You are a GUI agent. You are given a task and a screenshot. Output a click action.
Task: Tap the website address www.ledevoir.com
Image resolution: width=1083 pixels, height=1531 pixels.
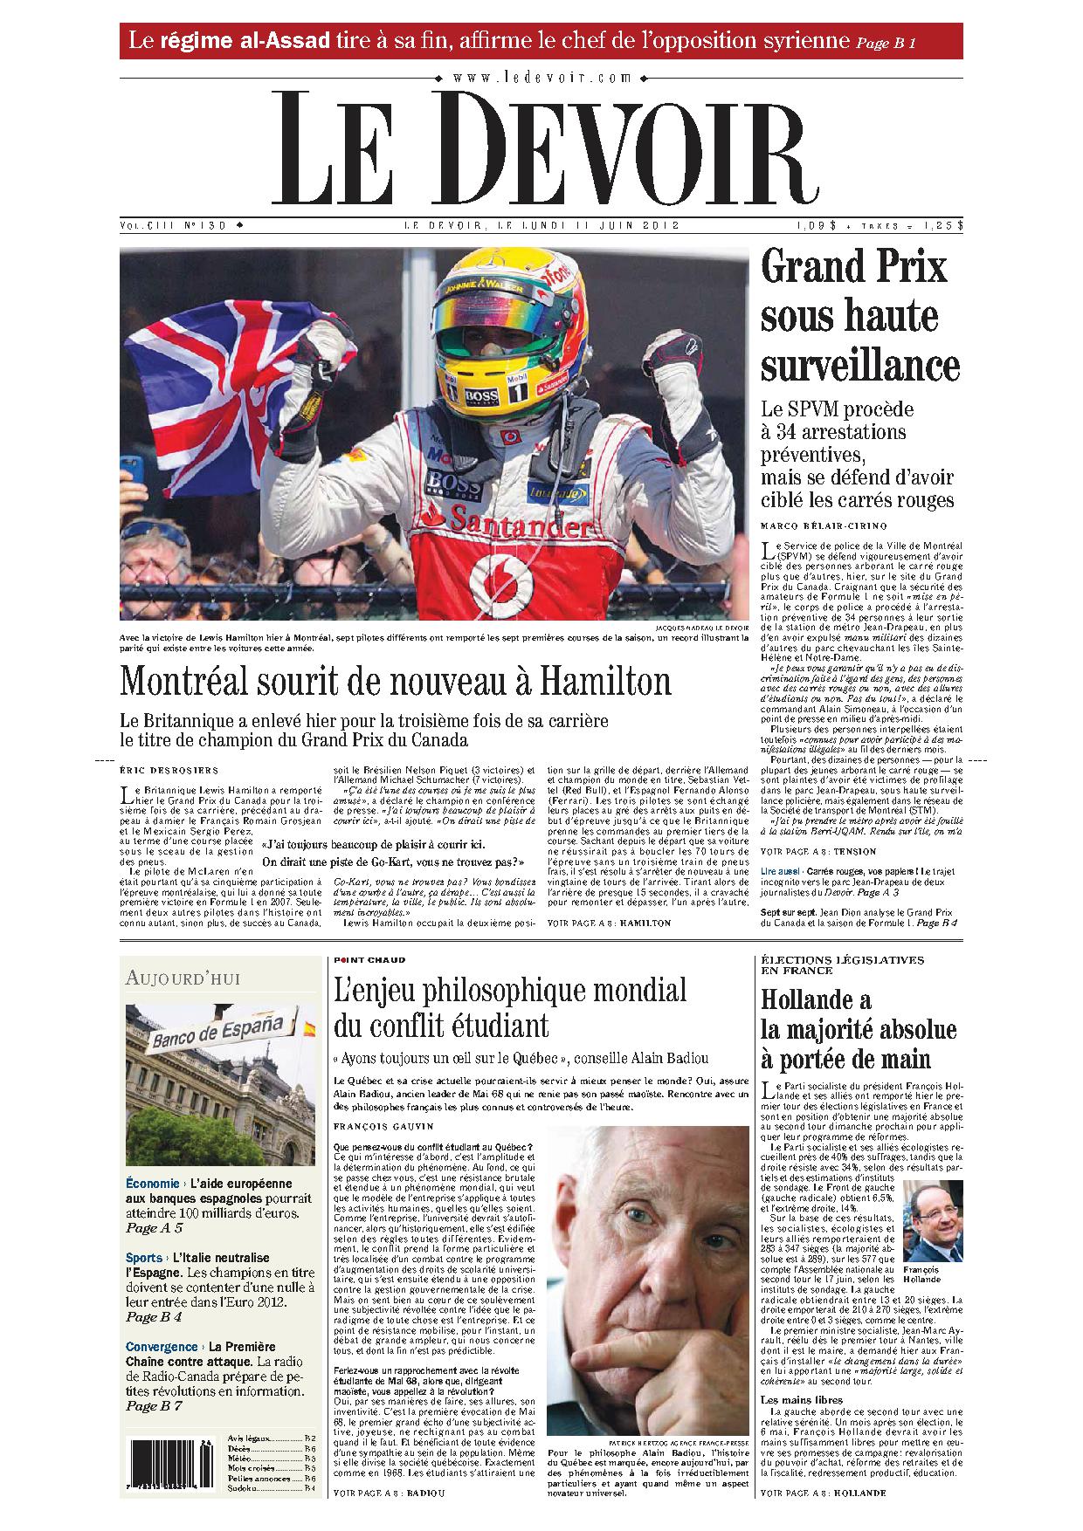pos(541,78)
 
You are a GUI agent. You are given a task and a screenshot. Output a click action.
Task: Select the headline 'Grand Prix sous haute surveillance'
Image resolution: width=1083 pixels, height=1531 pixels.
pos(859,316)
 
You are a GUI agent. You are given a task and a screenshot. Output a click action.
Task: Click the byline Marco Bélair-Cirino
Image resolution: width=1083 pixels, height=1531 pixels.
pos(811,525)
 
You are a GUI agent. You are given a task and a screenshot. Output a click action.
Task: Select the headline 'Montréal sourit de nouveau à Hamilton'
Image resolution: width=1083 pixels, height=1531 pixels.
pos(395,681)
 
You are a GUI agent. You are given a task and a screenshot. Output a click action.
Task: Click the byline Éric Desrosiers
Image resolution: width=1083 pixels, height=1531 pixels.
pos(169,770)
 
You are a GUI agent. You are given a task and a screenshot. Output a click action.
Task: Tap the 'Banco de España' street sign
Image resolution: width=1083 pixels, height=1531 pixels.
pos(218,1033)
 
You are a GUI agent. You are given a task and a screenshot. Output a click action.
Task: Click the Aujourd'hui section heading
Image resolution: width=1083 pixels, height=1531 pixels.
pos(183,978)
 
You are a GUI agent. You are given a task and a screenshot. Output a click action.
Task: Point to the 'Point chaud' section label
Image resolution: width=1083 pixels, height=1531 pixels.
pos(369,960)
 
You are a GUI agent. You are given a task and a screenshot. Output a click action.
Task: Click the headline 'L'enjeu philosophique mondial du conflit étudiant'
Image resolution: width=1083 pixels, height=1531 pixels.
pos(510,1006)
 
